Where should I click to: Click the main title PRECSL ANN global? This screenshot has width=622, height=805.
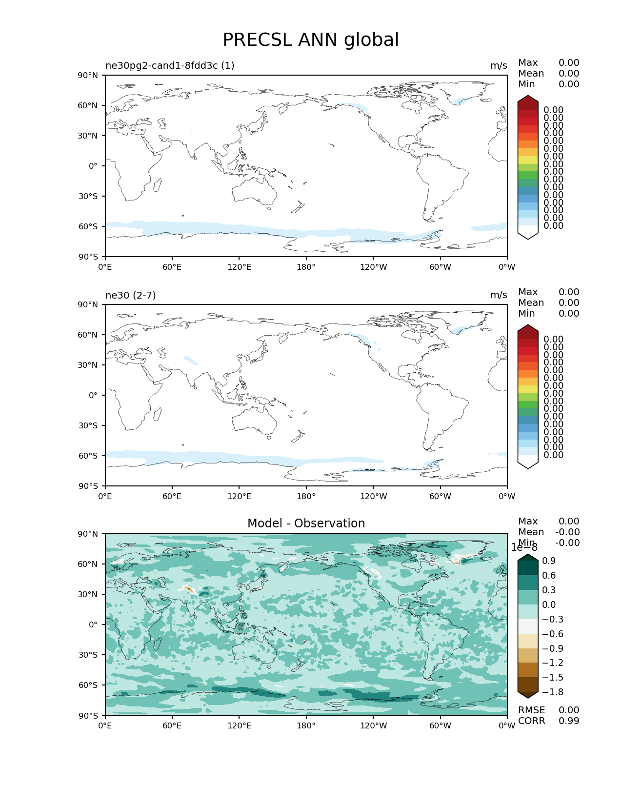tap(311, 40)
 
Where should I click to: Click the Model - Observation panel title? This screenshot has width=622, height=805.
tap(306, 523)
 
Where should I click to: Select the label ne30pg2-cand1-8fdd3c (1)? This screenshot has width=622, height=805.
tap(170, 65)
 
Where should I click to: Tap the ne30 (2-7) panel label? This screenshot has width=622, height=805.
tap(130, 295)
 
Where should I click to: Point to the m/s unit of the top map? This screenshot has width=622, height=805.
tap(498, 65)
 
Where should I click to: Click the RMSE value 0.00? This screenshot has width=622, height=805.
tap(569, 710)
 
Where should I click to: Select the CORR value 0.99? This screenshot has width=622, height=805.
tap(569, 721)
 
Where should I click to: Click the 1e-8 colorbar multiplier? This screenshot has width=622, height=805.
tap(524, 547)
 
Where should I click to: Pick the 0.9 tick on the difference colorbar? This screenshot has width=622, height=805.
tap(549, 561)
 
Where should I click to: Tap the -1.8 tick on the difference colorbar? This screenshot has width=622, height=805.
tap(552, 692)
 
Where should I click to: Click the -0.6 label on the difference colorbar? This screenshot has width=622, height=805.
tap(552, 634)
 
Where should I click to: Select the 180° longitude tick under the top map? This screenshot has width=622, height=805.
tap(306, 267)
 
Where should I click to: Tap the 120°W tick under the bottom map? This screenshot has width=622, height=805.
tap(373, 725)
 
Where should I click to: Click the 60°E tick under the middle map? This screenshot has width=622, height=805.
tap(172, 496)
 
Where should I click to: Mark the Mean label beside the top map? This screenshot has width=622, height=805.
tap(531, 74)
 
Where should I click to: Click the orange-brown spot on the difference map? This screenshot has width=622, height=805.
tap(189, 590)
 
